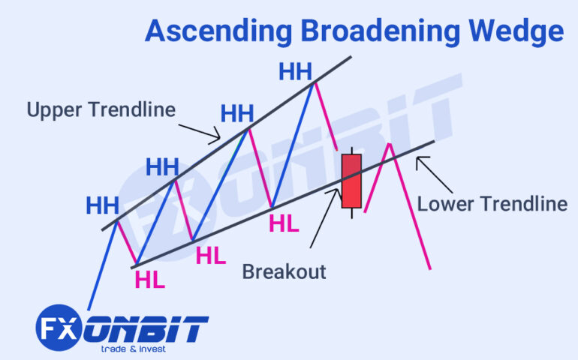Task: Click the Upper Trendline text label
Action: click(x=101, y=110)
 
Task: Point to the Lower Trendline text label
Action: click(x=492, y=203)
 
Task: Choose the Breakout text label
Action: click(x=284, y=271)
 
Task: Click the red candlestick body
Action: click(x=351, y=181)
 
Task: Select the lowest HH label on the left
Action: click(x=103, y=205)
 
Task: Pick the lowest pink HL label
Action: click(x=149, y=280)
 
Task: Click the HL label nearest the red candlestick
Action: click(x=284, y=223)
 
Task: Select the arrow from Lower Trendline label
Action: click(x=434, y=169)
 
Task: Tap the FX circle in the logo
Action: click(x=56, y=328)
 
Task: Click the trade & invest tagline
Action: click(x=134, y=349)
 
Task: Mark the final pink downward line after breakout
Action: click(x=410, y=206)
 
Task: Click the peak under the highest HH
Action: click(x=313, y=82)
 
